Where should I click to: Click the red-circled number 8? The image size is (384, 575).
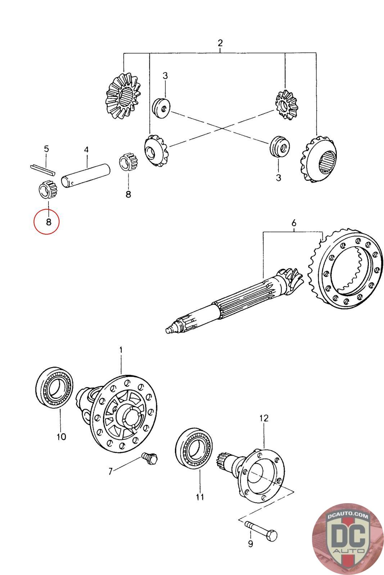(x=49, y=222)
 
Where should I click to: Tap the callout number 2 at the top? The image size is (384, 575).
(x=220, y=43)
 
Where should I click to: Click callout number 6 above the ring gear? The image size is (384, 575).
(x=294, y=223)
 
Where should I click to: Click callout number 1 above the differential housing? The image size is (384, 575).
(x=121, y=350)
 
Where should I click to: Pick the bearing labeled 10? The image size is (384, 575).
(x=55, y=388)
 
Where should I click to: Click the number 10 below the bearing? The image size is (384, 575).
(x=61, y=437)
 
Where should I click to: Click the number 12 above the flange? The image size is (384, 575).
(x=264, y=418)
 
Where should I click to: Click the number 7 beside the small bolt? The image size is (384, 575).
(x=110, y=471)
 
